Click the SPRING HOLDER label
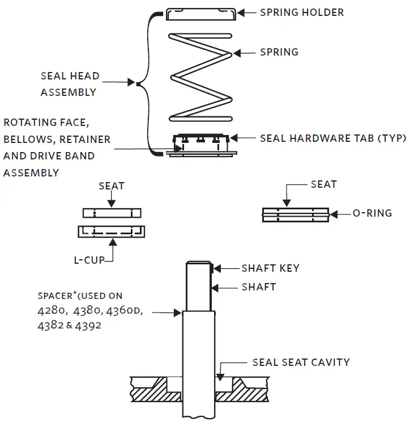301,12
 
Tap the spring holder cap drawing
201,14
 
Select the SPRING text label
279,52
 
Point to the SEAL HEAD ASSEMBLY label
70,84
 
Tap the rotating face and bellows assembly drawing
201,145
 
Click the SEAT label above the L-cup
112,186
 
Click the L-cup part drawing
111,231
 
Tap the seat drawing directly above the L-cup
112,213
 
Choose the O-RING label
372,214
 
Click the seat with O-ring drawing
295,214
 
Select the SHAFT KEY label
270,268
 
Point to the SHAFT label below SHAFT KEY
258,287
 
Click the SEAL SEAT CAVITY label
301,362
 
